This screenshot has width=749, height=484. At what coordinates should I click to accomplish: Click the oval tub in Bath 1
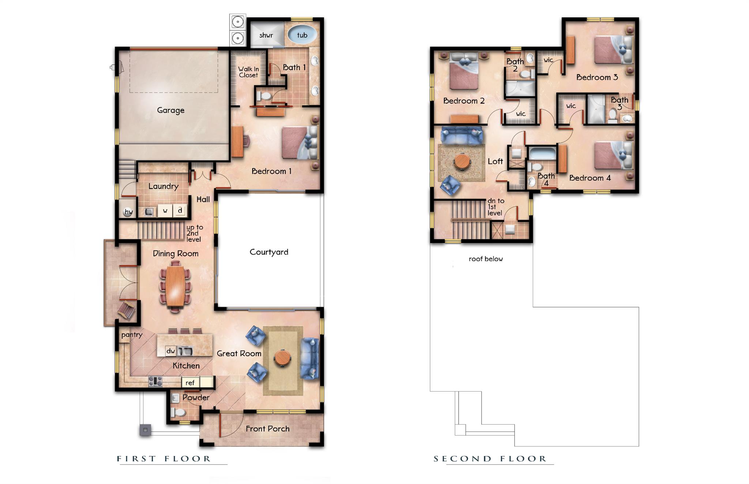tap(302, 35)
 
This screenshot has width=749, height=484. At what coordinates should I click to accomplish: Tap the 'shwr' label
tap(266, 35)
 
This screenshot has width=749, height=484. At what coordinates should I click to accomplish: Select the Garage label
tap(170, 110)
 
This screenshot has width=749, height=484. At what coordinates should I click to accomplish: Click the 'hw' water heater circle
tap(128, 212)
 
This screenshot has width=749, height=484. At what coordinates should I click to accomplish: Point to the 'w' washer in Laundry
tap(165, 211)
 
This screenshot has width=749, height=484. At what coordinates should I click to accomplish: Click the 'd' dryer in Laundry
tap(180, 211)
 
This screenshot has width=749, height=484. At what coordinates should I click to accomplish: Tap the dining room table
tap(175, 286)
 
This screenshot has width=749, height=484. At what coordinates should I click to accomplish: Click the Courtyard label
tap(269, 252)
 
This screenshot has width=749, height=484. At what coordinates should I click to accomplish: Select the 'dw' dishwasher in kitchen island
tap(170, 351)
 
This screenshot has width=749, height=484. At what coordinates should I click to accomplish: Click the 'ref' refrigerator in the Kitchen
tap(190, 382)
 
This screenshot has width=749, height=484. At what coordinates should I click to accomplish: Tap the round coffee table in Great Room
tap(282, 358)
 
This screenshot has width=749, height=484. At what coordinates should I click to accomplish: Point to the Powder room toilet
tap(178, 413)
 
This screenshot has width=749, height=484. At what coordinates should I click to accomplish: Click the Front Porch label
tap(267, 429)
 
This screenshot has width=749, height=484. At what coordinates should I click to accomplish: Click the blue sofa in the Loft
tap(462, 135)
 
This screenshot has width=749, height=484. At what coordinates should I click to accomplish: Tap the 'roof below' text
tap(486, 259)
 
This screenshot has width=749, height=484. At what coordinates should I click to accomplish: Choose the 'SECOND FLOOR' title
tap(490, 459)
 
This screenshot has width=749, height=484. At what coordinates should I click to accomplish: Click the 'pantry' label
tap(132, 335)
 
